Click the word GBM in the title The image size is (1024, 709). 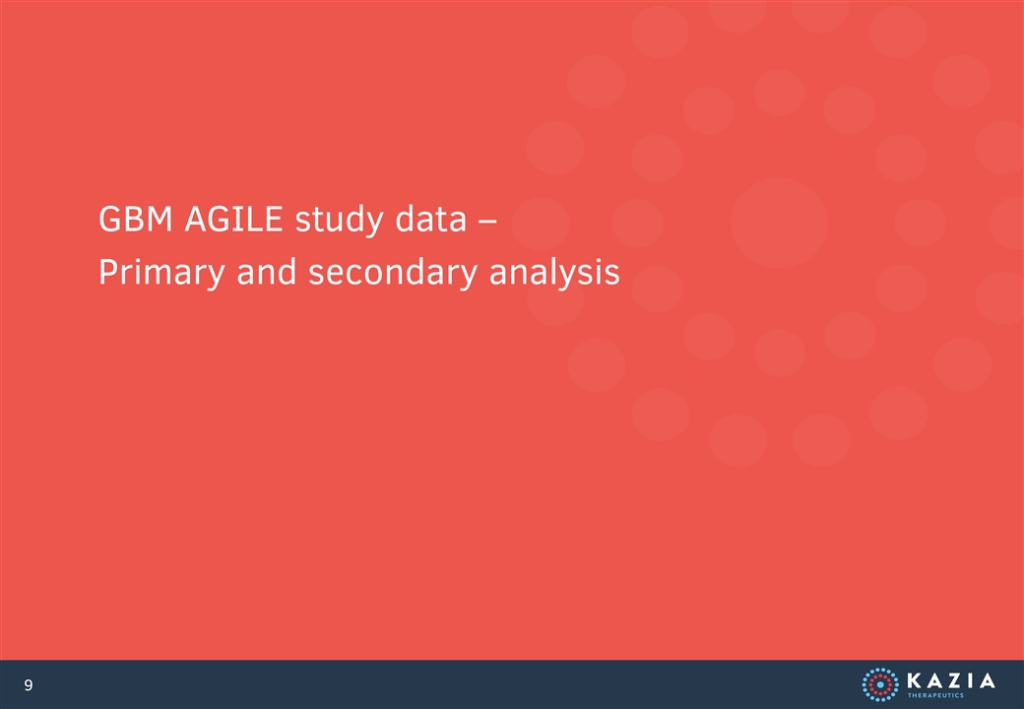click(x=136, y=219)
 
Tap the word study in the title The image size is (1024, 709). click(x=339, y=220)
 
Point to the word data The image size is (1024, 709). click(x=431, y=219)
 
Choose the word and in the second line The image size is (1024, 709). click(x=267, y=272)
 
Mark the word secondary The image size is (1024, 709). click(x=393, y=273)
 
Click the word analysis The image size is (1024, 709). click(x=554, y=273)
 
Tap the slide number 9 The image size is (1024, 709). click(x=29, y=684)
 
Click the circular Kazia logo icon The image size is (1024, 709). click(x=879, y=684)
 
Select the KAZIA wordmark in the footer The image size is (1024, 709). click(x=951, y=680)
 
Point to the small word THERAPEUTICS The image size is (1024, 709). click(x=935, y=695)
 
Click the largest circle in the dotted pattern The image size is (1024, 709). click(x=779, y=223)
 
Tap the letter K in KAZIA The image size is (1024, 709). click(x=914, y=680)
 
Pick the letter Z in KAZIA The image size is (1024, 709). click(x=953, y=680)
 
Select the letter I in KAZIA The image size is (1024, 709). click(x=969, y=680)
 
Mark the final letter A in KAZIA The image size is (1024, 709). click(x=987, y=680)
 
